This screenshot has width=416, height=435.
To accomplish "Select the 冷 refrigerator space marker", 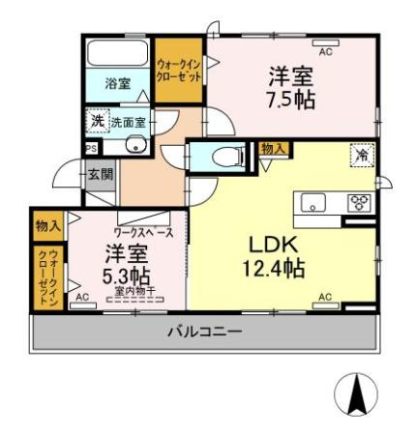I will pyautogui.click(x=361, y=155).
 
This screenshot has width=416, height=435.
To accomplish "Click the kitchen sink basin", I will pyautogui.click(x=314, y=203).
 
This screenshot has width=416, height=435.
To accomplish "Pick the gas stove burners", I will pyautogui.click(x=360, y=203).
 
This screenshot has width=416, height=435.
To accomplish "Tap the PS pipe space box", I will pyautogui.click(x=91, y=149).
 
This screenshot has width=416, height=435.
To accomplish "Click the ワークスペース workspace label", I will pyautogui.click(x=143, y=233).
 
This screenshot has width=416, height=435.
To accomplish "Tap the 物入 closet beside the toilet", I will pyautogui.click(x=273, y=148).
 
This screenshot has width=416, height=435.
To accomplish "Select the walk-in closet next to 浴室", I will pyautogui.click(x=179, y=70).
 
